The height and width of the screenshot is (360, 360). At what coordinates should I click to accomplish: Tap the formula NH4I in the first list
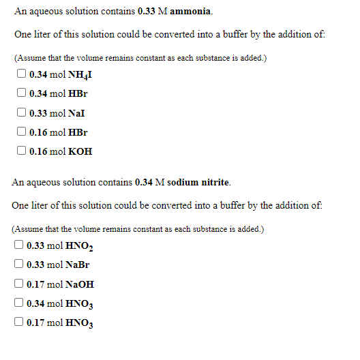(x=78, y=74)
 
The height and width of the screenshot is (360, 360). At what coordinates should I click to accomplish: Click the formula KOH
(x=79, y=152)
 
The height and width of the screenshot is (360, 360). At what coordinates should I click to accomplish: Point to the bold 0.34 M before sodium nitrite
(x=150, y=182)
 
